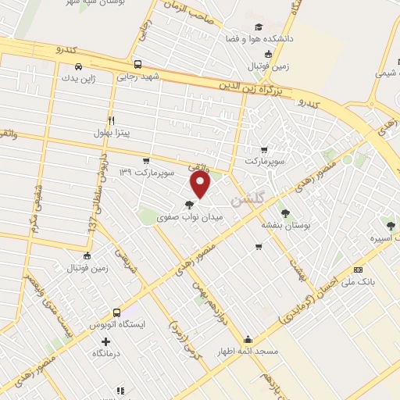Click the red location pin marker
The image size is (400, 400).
(x=201, y=184)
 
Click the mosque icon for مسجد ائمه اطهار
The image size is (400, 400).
(x=248, y=339)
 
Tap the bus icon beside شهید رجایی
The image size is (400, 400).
(x=137, y=65)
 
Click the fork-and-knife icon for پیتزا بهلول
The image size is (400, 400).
(x=112, y=121)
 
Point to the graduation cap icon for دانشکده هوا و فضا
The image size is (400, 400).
(x=270, y=27)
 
